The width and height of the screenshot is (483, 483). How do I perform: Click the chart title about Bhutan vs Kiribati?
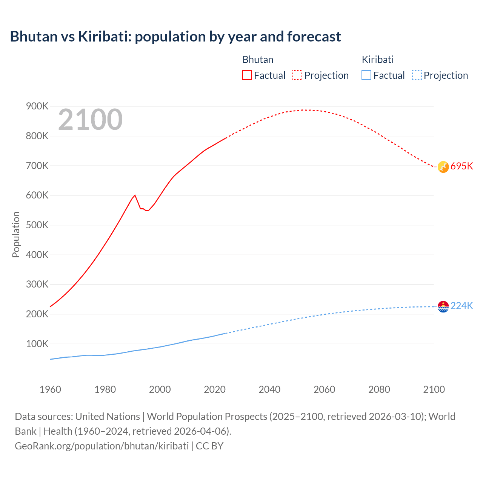(175, 37)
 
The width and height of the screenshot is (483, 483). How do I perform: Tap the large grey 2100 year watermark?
(90, 120)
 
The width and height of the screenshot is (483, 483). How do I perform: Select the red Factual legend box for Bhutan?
(247, 75)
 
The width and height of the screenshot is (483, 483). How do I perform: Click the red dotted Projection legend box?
(297, 75)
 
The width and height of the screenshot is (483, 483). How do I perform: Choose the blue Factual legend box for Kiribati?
(366, 75)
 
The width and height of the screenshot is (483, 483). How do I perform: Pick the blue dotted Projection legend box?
(417, 75)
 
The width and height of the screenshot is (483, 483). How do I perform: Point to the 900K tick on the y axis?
(37, 106)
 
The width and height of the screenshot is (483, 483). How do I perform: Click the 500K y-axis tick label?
(37, 225)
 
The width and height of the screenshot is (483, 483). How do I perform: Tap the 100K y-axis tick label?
(37, 344)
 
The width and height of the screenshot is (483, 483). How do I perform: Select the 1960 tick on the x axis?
(50, 389)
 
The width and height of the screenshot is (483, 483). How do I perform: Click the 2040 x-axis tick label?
(269, 389)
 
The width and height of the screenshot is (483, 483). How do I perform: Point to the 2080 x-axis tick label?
(379, 389)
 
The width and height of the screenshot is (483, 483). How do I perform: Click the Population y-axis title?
(16, 234)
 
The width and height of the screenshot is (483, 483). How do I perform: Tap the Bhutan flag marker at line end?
(443, 167)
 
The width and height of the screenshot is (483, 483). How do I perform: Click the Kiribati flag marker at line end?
(443, 306)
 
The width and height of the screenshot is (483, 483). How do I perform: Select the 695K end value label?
(461, 166)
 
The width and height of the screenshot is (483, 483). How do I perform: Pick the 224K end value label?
(461, 306)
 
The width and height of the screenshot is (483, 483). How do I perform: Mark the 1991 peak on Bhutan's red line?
(135, 195)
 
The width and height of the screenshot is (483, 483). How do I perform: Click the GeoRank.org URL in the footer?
(102, 446)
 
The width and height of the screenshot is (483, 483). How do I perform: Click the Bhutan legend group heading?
(258, 60)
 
